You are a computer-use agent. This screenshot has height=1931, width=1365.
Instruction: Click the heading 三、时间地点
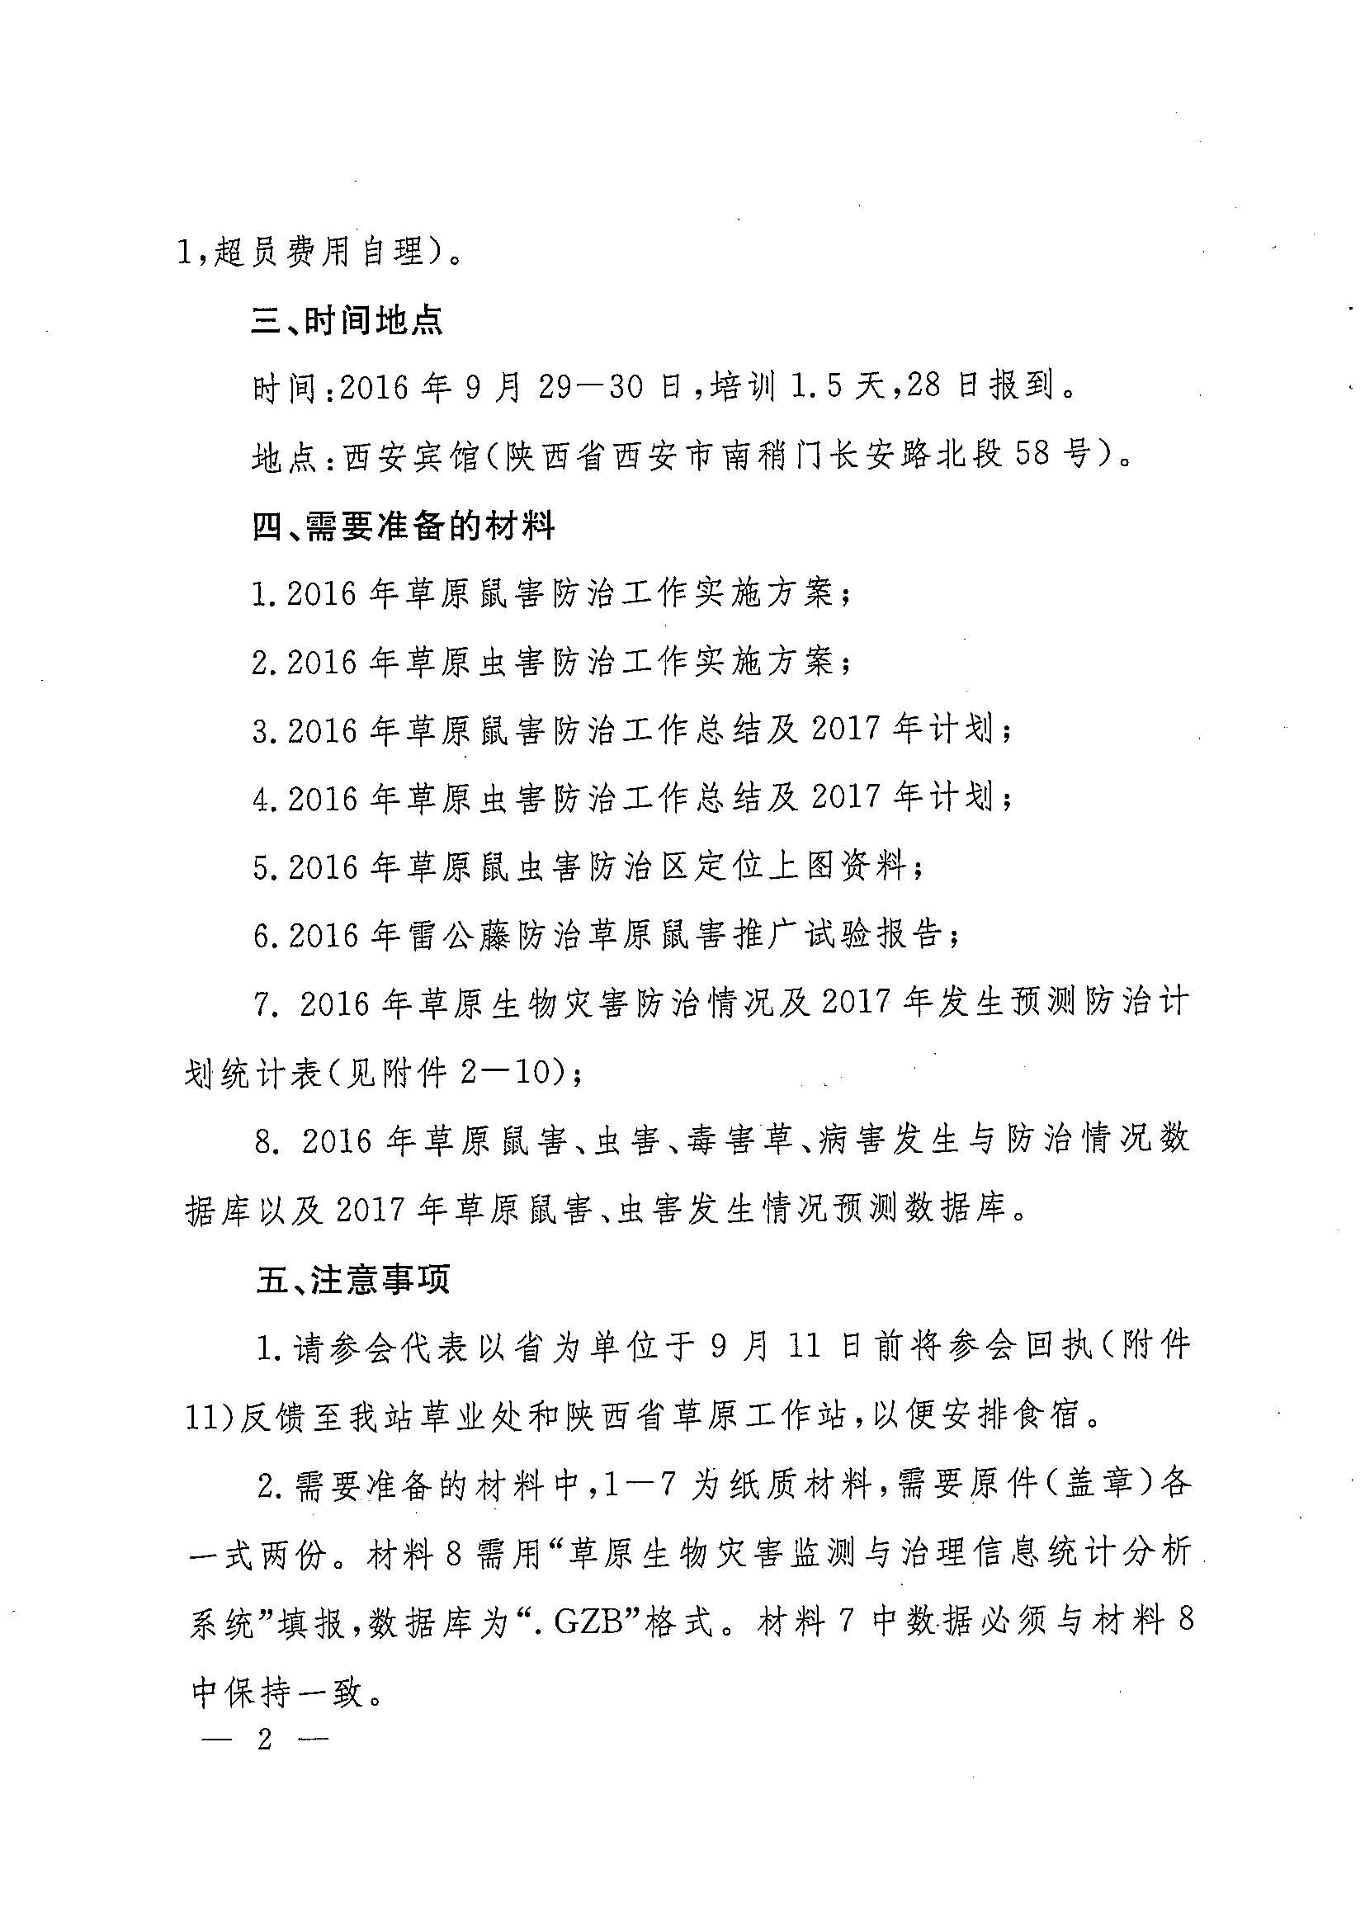(x=347, y=321)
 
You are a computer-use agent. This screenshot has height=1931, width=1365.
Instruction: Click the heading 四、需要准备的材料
(x=403, y=527)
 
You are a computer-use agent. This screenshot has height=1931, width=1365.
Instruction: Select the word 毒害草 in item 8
(x=739, y=1141)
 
